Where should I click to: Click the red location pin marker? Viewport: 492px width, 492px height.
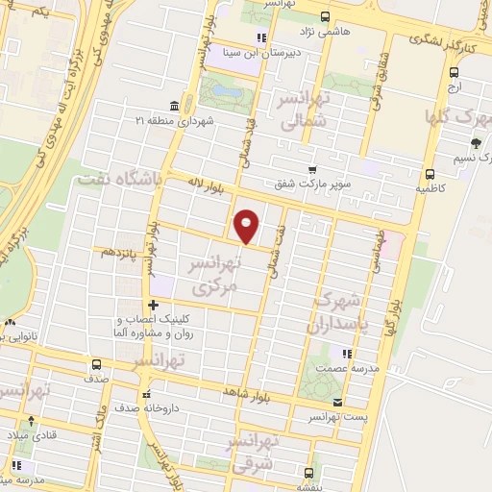tap(247, 225)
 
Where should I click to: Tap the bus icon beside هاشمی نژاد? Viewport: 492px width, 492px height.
tap(324, 16)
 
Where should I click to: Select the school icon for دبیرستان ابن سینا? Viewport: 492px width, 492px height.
tap(259, 38)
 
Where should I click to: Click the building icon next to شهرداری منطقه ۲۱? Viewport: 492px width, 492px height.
tap(173, 105)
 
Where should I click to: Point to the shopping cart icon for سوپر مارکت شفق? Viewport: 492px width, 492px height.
tap(309, 169)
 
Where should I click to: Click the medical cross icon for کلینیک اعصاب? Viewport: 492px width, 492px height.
tap(153, 306)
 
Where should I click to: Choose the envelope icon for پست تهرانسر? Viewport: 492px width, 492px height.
tap(336, 403)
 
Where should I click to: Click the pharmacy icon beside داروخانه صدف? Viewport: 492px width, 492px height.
tap(146, 395)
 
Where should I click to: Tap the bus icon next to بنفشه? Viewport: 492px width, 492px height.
tap(308, 472)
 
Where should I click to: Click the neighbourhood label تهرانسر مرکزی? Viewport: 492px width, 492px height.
tap(212, 276)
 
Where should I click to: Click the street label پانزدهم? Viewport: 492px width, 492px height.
tap(121, 252)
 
